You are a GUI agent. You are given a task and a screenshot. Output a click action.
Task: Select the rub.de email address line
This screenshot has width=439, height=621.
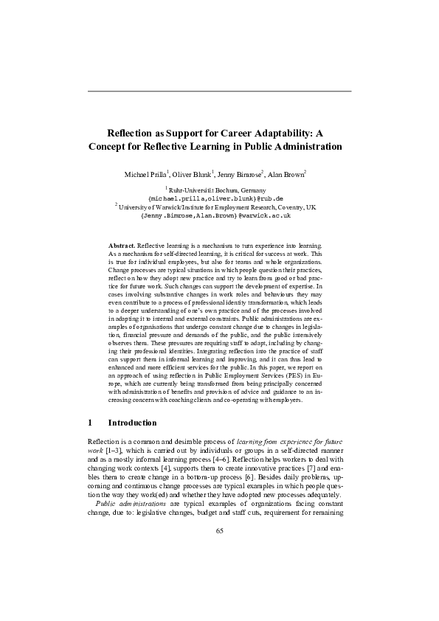(219, 198)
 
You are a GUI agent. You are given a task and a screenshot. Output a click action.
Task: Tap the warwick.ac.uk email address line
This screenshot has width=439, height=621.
(219, 216)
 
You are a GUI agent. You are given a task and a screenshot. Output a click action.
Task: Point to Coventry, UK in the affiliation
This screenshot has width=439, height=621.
(299, 208)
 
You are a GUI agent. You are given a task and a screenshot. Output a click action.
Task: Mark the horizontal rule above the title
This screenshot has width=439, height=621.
(219, 91)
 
